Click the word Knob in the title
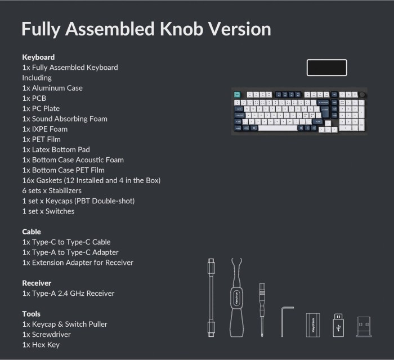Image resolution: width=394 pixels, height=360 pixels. point(181,29)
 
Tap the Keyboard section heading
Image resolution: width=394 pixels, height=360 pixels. point(38,57)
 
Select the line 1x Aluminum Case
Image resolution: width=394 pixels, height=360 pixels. point(52,88)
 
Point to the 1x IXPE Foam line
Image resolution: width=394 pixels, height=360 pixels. point(44,129)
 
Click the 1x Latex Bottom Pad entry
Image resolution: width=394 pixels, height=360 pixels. point(56,150)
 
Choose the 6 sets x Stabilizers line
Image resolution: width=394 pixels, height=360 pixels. point(52,190)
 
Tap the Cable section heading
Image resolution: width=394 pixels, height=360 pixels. point(32,232)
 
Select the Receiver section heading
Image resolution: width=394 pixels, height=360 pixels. point(37,283)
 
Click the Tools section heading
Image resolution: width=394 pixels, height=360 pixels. point(31,314)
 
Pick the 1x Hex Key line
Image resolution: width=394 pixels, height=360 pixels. point(41,345)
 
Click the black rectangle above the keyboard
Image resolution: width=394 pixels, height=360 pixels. point(326,68)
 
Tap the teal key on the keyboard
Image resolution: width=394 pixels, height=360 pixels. point(237,95)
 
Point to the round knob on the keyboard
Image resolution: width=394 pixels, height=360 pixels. point(362,95)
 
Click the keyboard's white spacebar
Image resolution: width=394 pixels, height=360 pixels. point(277,128)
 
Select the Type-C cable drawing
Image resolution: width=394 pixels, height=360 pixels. point(211,297)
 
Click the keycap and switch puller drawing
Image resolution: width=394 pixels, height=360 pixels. point(236,297)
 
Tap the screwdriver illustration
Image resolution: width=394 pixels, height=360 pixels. point(262,310)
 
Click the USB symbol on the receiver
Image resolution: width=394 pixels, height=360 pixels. point(338,328)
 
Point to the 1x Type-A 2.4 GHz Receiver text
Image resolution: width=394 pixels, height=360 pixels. point(68,294)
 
